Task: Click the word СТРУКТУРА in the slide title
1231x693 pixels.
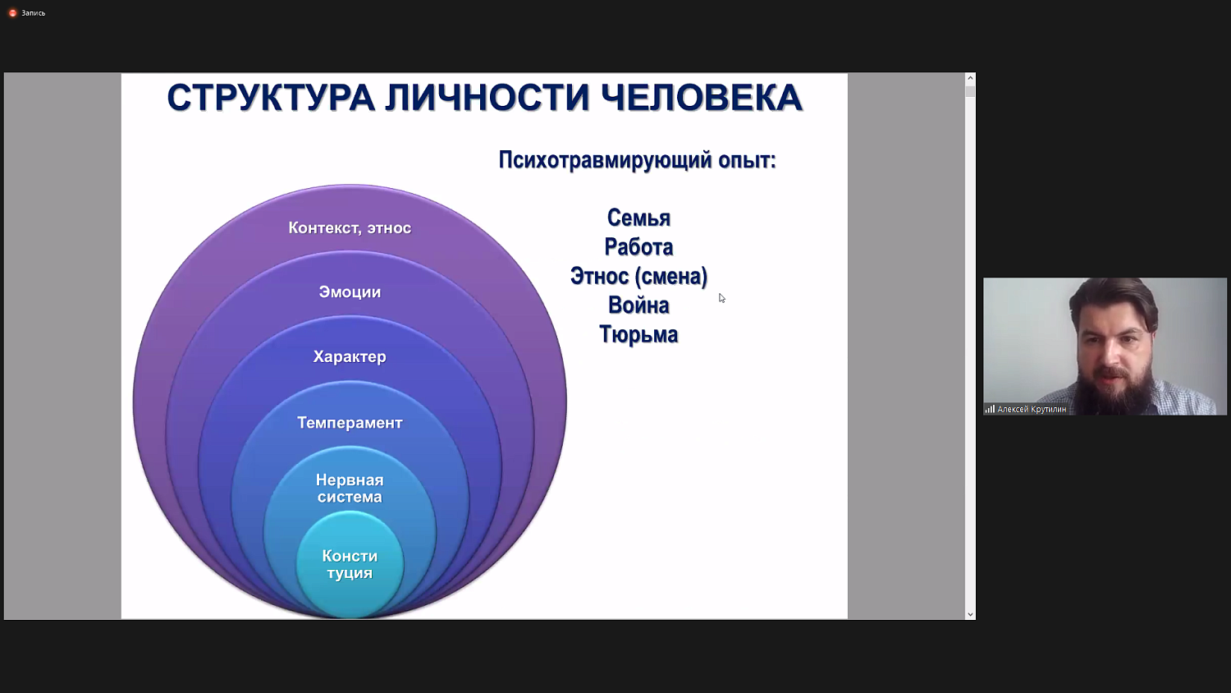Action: point(271,98)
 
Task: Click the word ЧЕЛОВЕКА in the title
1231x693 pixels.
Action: point(702,98)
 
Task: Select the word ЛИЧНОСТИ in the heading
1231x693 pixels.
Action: point(487,98)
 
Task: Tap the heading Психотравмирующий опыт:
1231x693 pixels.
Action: point(637,160)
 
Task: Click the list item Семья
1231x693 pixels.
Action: point(638,218)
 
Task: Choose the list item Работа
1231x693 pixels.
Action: point(638,247)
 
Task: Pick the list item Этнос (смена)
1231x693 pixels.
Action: point(638,276)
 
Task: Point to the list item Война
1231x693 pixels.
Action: point(638,305)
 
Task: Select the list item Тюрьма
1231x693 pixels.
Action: point(638,335)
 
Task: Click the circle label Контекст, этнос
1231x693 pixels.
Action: point(350,228)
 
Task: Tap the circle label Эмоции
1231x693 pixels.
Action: point(350,292)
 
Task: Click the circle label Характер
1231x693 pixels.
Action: point(350,357)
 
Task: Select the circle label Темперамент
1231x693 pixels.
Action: point(350,423)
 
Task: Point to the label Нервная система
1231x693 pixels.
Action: point(350,489)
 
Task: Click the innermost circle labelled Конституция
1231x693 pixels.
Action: point(350,565)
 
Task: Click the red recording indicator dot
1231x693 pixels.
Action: point(12,13)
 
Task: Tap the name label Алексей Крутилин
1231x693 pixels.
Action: point(1032,409)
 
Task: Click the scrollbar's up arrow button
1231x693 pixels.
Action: point(970,78)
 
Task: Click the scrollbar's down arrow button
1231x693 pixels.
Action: point(970,614)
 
